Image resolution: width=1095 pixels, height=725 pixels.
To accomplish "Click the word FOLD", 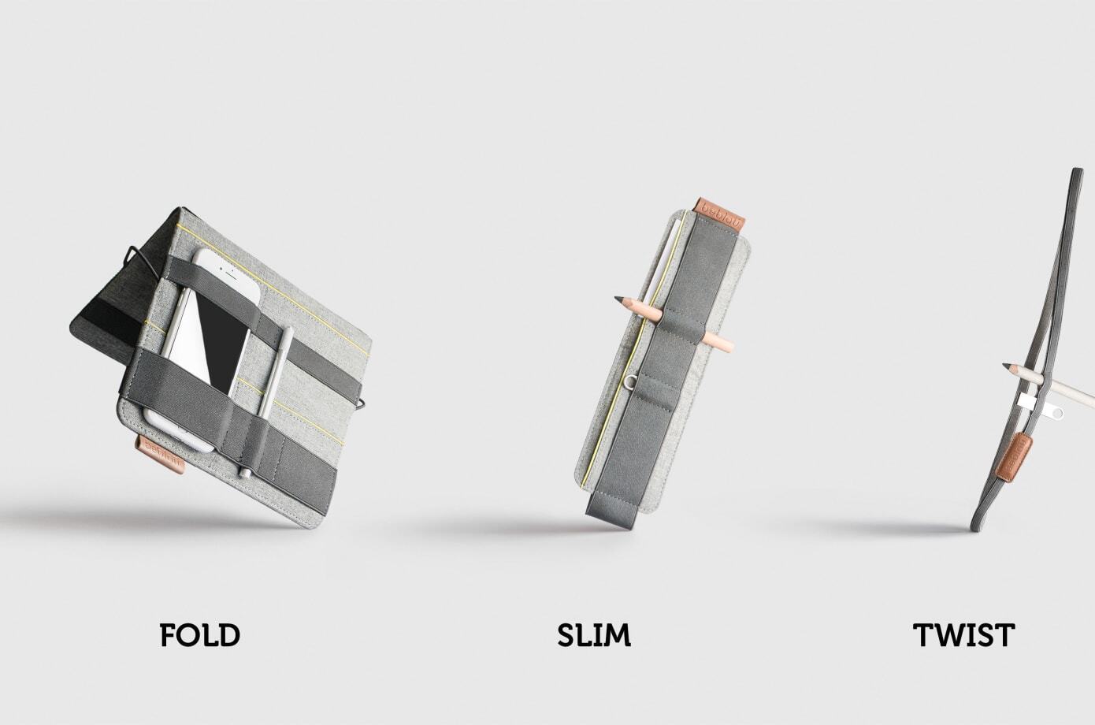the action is click(x=199, y=634).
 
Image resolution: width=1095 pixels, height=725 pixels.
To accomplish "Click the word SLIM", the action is click(x=594, y=634).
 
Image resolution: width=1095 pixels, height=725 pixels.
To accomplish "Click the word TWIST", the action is click(x=963, y=634).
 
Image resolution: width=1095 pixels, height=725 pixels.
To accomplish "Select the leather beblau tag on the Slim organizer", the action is click(x=721, y=214).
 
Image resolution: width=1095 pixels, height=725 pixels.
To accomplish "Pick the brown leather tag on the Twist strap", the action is click(x=1015, y=455).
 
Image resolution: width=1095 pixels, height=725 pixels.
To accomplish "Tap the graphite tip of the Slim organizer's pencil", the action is click(x=618, y=298).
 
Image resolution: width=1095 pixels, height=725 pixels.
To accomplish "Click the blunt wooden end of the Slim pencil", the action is click(x=729, y=345).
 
